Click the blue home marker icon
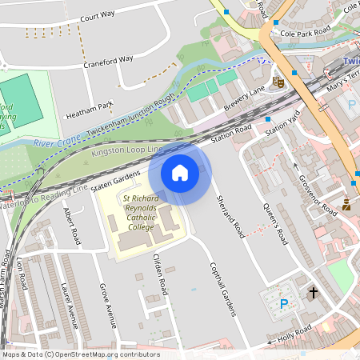pyautogui.click(x=180, y=172)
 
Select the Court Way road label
pyautogui.click(x=98, y=14)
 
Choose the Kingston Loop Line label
pyautogui.click(x=127, y=150)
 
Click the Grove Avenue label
pyautogui.click(x=106, y=303)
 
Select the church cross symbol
pyautogui.click(x=313, y=294)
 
